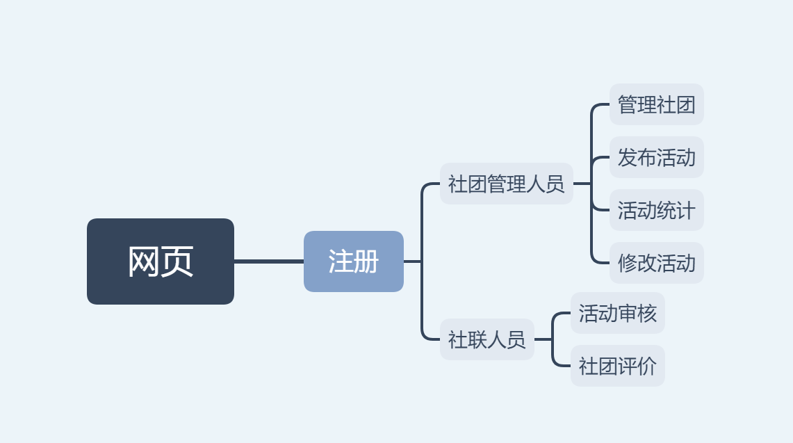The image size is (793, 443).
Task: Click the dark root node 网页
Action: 161,261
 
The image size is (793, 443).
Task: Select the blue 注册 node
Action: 354,261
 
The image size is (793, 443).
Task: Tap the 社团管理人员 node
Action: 506,184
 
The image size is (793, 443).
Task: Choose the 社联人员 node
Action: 487,339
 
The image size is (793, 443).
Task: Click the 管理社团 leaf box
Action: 657,104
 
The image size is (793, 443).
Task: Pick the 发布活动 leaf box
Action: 657,157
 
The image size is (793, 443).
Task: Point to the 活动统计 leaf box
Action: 657,210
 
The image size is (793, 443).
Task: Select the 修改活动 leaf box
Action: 657,263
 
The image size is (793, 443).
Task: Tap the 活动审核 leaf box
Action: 617,313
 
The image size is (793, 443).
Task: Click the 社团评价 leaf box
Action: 617,366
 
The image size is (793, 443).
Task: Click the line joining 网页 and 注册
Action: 268,261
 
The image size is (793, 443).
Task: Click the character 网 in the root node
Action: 144,261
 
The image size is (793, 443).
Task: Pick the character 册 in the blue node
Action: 367,261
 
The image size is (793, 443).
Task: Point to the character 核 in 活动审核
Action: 647,314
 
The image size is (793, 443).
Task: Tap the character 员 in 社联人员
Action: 516,339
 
